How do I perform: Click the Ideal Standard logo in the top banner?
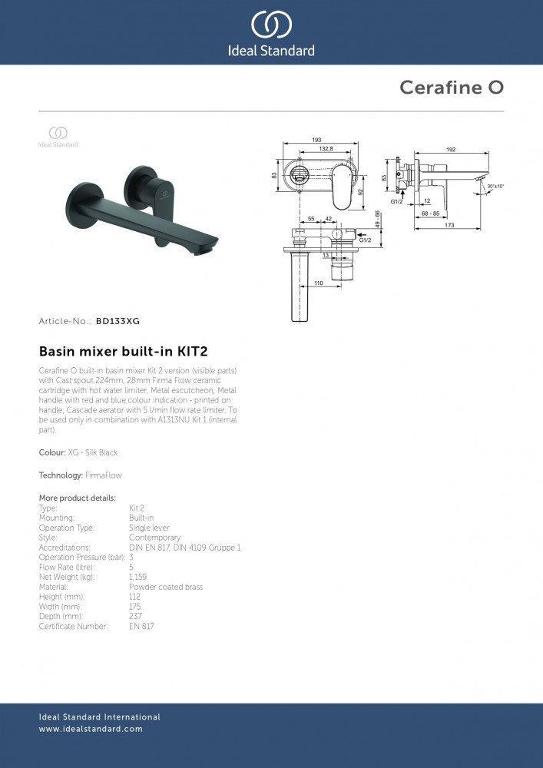(271, 32)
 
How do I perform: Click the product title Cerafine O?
(451, 88)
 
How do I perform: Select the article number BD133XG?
(118, 321)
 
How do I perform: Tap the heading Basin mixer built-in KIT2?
(123, 352)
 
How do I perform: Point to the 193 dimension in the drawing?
(316, 139)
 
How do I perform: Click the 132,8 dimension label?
(326, 148)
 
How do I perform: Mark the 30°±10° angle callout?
(495, 187)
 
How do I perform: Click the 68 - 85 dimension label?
(430, 213)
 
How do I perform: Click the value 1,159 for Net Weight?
(137, 577)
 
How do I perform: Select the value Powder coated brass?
(166, 587)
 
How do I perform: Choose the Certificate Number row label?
(74, 627)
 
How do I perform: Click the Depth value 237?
(134, 617)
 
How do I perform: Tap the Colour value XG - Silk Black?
(93, 453)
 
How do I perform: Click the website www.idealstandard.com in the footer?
(91, 729)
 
